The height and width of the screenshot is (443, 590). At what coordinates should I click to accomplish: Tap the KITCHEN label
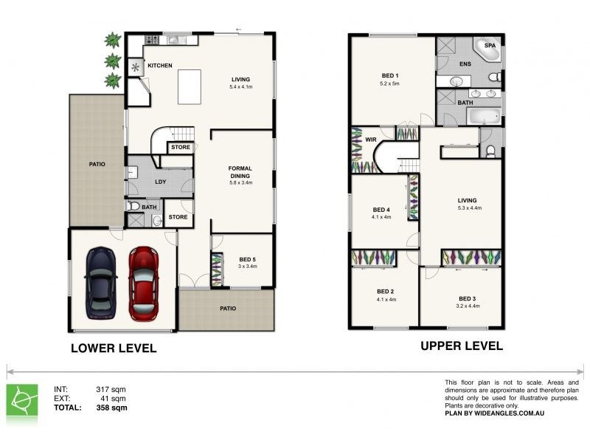coord(159,66)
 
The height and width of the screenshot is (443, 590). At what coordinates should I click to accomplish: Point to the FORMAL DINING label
coord(240,173)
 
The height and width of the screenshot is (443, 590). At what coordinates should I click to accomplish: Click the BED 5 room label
coord(248,259)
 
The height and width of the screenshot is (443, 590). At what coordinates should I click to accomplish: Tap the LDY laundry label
coord(160,182)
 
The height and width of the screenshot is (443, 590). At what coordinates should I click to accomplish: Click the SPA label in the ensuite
coord(490,46)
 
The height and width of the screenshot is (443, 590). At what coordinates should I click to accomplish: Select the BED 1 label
coord(390,75)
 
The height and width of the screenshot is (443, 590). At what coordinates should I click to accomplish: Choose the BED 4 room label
coord(381,209)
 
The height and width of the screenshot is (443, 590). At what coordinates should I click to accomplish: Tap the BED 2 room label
coord(386,291)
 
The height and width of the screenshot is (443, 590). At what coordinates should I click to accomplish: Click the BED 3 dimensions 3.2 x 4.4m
coord(468,306)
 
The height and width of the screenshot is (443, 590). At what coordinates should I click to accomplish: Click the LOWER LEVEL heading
coord(113,348)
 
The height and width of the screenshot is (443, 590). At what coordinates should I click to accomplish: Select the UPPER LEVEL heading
coord(462,346)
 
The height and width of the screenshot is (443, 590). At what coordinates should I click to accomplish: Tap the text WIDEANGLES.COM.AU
coord(516,414)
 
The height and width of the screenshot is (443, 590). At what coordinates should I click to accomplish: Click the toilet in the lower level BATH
coord(134,206)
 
